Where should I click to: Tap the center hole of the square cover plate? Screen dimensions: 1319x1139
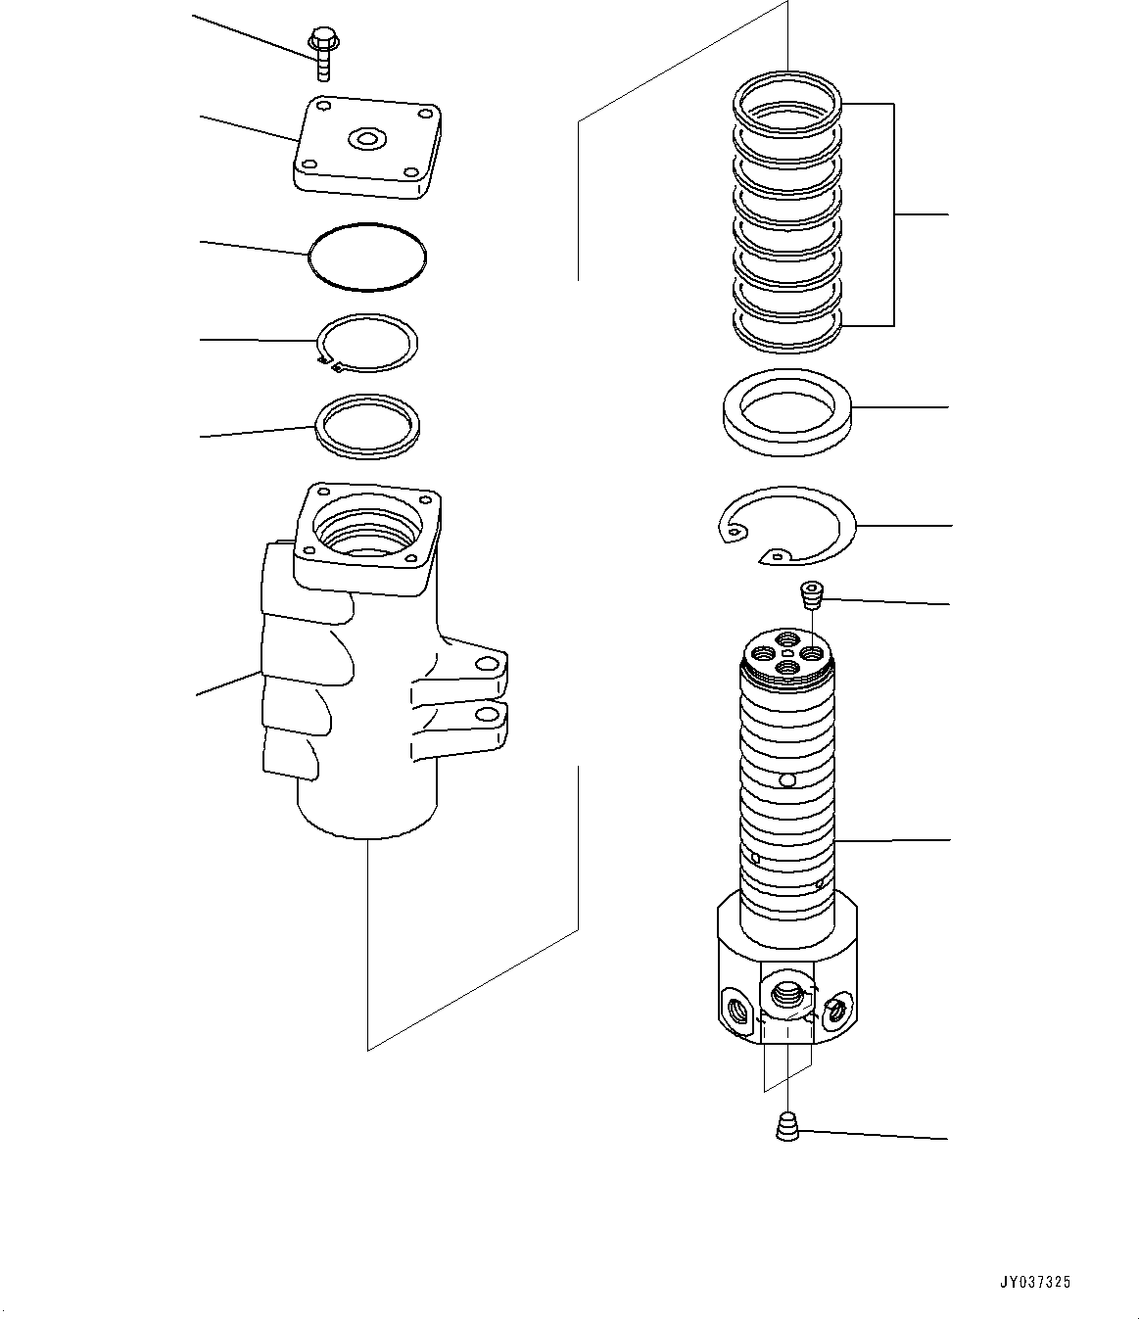(x=367, y=140)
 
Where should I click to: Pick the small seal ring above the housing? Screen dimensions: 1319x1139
(x=367, y=426)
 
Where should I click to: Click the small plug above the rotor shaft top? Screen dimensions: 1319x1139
(x=810, y=593)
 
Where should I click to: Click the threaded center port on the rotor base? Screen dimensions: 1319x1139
(x=787, y=998)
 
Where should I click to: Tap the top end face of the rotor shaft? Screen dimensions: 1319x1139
(x=787, y=650)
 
